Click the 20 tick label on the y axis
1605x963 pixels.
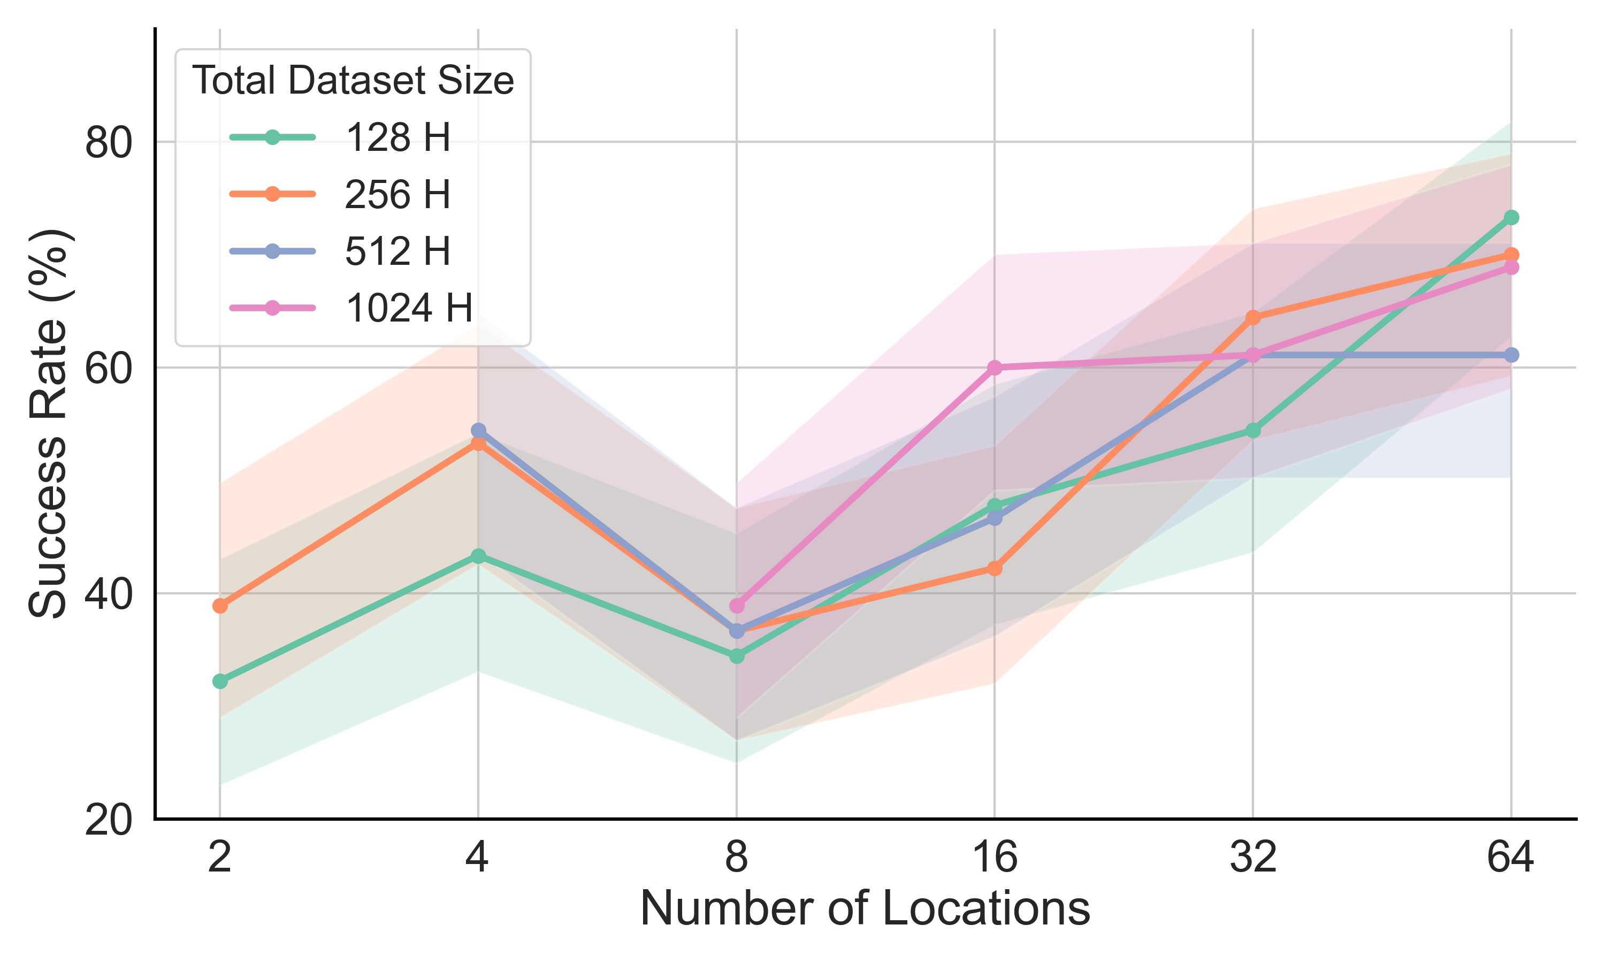(109, 821)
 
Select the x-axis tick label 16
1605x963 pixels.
(995, 857)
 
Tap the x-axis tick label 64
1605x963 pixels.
(1510, 857)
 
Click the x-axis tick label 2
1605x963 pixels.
(220, 857)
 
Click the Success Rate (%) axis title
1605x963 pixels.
(49, 423)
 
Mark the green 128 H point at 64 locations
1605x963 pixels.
(1511, 217)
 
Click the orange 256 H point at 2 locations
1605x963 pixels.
(220, 606)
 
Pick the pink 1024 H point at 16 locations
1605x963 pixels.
(995, 368)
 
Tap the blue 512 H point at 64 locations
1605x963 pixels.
(1511, 355)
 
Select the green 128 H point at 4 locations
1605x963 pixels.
(478, 556)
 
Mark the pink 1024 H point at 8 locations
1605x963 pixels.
(736, 606)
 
